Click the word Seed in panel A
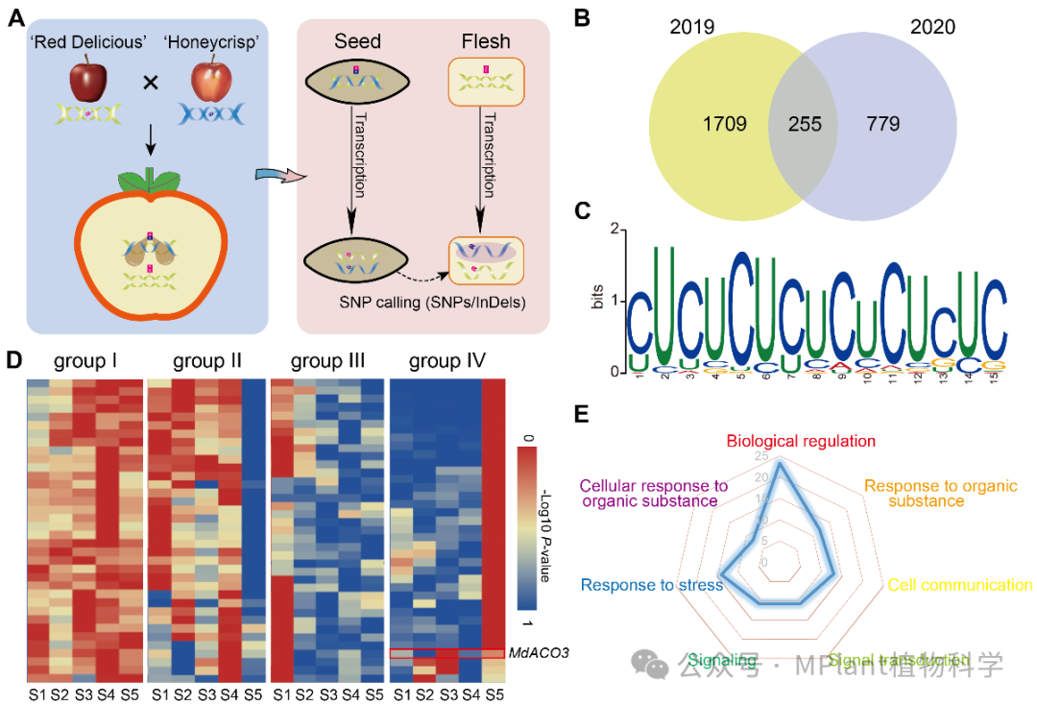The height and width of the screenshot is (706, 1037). pyautogui.click(x=357, y=42)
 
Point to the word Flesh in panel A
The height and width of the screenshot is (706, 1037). pyautogui.click(x=485, y=42)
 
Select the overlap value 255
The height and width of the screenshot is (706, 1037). pyautogui.click(x=805, y=125)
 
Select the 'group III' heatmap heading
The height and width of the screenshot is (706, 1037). pyautogui.click(x=328, y=361)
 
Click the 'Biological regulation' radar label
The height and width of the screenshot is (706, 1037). pyautogui.click(x=801, y=441)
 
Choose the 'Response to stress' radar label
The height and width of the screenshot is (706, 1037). pyautogui.click(x=651, y=585)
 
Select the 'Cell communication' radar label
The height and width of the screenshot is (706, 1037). pyautogui.click(x=960, y=585)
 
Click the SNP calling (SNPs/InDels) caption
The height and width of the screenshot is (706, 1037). pyautogui.click(x=419, y=302)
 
